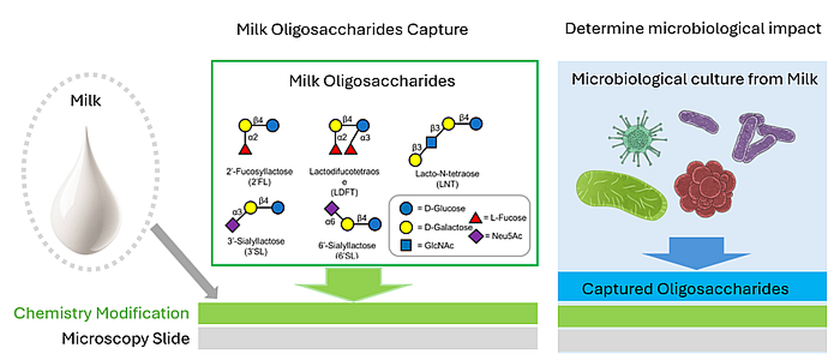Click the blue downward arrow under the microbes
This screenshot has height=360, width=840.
pyautogui.click(x=696, y=253)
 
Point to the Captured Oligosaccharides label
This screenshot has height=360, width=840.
pyautogui.click(x=685, y=289)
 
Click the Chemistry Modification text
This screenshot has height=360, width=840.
pyautogui.click(x=101, y=313)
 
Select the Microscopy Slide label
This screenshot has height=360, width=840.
pyautogui.click(x=125, y=339)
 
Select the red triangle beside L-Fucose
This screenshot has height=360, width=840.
pyautogui.click(x=476, y=217)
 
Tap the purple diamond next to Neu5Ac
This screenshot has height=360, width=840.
pyautogui.click(x=476, y=236)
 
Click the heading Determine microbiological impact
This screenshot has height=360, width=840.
pyautogui.click(x=692, y=28)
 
